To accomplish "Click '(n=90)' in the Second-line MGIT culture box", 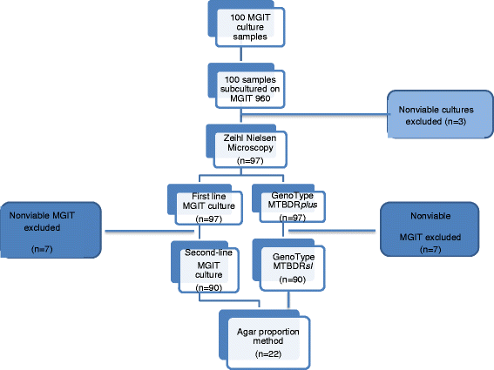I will coord(207,286).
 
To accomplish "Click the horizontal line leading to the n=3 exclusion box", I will coord(314,110).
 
